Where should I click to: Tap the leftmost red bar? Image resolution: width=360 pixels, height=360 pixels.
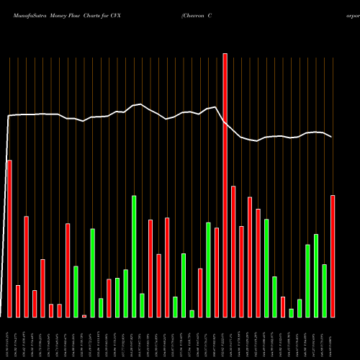(9, 238)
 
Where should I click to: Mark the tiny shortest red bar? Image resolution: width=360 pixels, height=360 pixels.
(84, 315)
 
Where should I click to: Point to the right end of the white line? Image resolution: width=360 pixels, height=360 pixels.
(332, 137)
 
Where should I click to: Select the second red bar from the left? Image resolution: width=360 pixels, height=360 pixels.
(18, 301)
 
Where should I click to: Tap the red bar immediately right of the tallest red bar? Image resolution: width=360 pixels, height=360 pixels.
(233, 251)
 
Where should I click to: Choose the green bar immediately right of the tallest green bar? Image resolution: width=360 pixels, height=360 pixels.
(142, 305)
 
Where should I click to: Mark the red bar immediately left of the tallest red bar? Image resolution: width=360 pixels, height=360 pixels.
(217, 272)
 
